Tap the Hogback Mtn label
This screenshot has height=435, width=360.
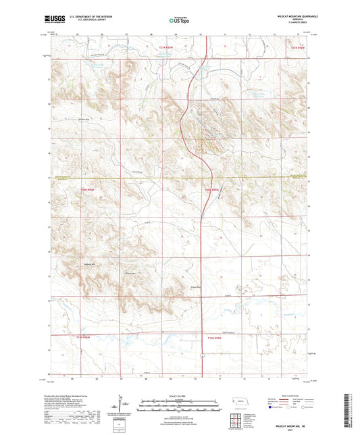tap(91, 263)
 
